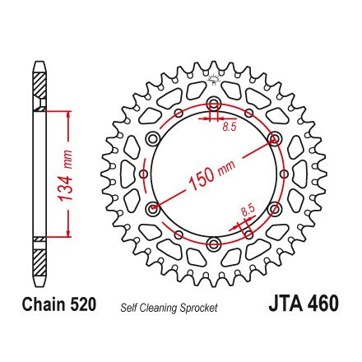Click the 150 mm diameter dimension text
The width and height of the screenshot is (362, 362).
pos(212,175)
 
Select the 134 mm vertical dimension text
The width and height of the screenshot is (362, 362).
pos(66,175)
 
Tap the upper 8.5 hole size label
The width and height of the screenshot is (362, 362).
pos(230,127)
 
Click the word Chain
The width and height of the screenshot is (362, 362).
pos(44,304)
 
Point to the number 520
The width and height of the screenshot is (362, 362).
pos(83,304)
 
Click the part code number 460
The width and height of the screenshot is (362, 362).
pos(323,304)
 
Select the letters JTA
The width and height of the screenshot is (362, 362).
pos(285,304)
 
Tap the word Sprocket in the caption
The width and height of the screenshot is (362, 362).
pos(198,308)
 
